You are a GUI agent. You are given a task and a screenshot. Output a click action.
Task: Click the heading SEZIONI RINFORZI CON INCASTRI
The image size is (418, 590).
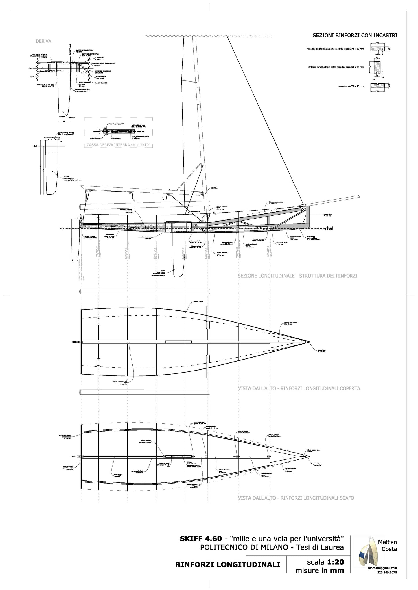tap(355, 36)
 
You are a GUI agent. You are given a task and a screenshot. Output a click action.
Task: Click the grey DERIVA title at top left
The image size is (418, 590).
tap(43, 41)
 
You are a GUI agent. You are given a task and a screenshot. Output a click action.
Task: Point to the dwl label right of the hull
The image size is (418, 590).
tap(329, 228)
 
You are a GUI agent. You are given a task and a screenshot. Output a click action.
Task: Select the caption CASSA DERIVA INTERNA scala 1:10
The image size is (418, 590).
tap(118, 145)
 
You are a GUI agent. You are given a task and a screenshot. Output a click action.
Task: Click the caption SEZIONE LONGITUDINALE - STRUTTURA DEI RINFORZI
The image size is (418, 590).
tap(297, 276)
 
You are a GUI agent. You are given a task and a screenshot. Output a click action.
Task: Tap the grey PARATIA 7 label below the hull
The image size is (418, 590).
tap(97, 253)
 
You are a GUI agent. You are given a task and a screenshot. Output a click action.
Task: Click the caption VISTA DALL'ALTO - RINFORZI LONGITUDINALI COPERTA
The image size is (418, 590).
tap(299, 388)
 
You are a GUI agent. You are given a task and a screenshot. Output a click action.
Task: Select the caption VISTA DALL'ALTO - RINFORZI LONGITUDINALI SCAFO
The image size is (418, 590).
tap(296, 498)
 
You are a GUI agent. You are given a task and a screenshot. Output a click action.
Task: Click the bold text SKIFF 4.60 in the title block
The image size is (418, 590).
tap(201, 539)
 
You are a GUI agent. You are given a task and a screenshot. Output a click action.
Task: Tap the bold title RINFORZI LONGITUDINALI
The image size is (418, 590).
tap(228, 565)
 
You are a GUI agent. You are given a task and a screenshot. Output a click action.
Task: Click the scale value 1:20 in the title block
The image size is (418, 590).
tap(336, 562)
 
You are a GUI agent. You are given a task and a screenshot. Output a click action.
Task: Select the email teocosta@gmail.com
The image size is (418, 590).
tap(382, 568)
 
